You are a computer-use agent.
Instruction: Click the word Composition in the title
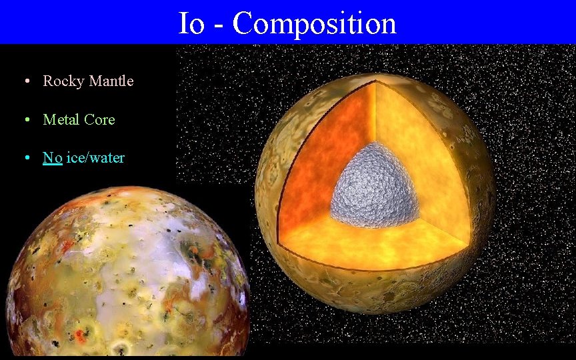[x=314, y=24]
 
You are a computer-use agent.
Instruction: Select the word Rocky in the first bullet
[x=63, y=81]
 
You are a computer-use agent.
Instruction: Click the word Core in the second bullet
[x=99, y=120]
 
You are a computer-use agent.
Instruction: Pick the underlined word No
[x=53, y=158]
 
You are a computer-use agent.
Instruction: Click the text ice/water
[x=95, y=158]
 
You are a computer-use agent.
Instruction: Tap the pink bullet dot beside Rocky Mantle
[x=25, y=81]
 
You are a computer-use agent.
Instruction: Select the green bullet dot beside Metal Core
[x=25, y=120]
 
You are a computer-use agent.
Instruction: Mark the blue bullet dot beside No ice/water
[x=25, y=159]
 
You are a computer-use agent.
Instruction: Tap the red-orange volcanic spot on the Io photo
[x=81, y=333]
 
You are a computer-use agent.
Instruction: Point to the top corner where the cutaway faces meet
[x=375, y=81]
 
